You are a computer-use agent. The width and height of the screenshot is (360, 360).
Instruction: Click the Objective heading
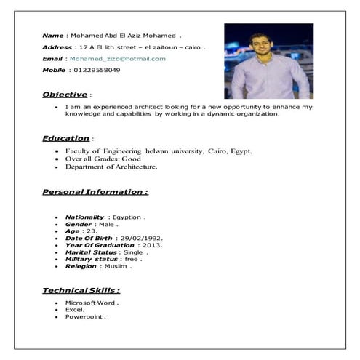(x=65, y=95)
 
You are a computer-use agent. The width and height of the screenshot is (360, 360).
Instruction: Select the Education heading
(x=66, y=138)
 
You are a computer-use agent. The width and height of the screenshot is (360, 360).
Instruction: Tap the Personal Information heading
(x=95, y=192)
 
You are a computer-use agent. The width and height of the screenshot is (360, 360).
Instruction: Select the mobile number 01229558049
(x=97, y=70)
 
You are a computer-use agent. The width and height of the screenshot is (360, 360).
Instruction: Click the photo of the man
(x=268, y=61)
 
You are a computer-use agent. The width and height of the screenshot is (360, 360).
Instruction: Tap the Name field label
(x=53, y=35)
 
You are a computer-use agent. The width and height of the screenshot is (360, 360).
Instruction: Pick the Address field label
(x=57, y=47)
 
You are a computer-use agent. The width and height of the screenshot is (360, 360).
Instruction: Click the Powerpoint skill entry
(x=85, y=317)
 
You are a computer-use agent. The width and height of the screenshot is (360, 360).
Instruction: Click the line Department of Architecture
(x=111, y=167)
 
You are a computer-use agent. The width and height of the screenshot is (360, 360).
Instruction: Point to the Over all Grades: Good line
(x=103, y=159)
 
